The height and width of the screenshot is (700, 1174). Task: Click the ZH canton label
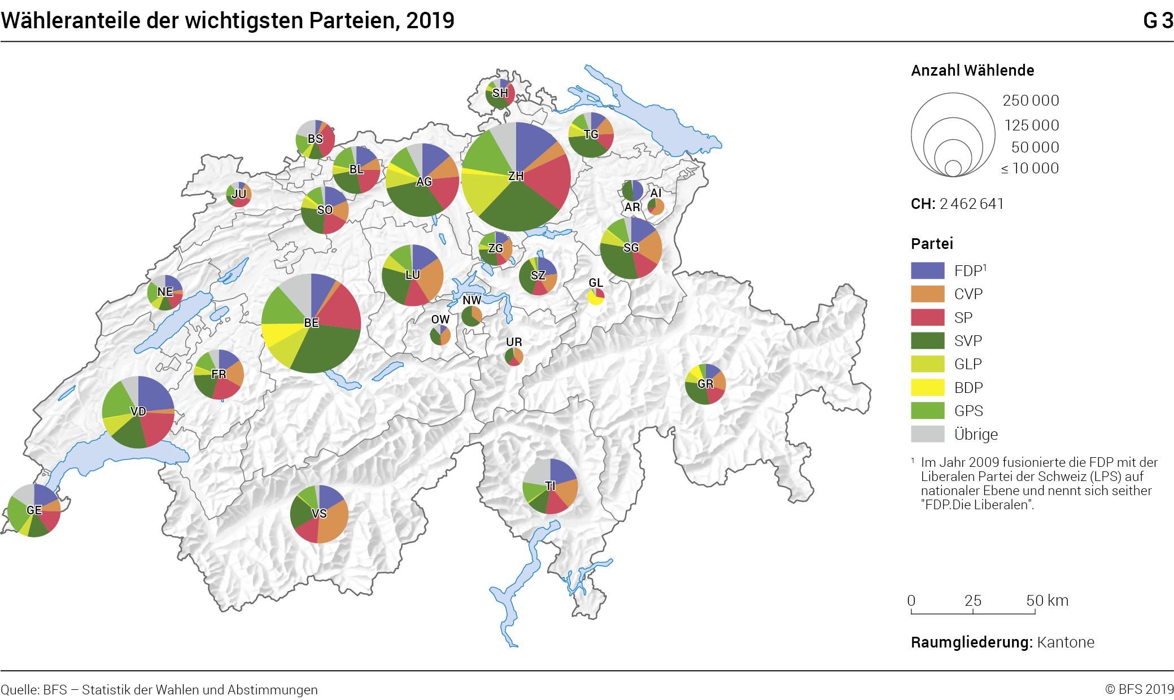[516, 176]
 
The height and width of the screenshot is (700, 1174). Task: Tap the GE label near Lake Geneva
[34, 510]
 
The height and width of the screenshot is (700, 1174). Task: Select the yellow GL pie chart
[596, 296]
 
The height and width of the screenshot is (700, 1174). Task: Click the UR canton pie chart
[514, 356]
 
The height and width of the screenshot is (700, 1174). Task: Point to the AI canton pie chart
[656, 207]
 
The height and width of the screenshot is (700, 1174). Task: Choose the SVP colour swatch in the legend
[927, 340]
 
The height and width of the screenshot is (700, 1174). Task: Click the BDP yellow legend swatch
[927, 387]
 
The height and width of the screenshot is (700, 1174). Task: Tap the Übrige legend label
[976, 434]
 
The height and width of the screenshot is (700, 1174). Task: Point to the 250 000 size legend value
[1031, 100]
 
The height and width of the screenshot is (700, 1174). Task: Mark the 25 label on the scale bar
[972, 601]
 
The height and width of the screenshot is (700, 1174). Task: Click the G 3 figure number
[1158, 21]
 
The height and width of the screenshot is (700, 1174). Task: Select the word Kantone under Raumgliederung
[1066, 642]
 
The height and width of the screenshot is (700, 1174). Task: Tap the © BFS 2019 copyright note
[1139, 689]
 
